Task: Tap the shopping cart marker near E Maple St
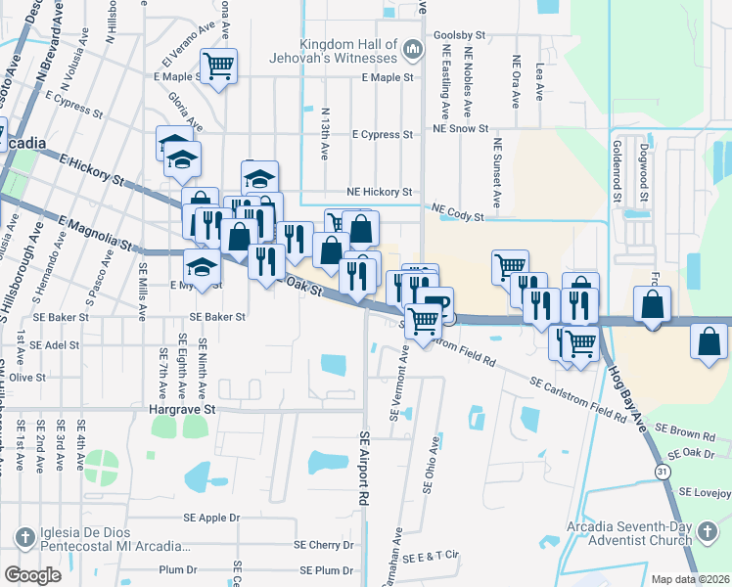coord(218,67)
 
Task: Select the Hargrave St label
coord(181,411)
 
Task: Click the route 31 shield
coord(664,472)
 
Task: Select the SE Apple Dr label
coord(210,518)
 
